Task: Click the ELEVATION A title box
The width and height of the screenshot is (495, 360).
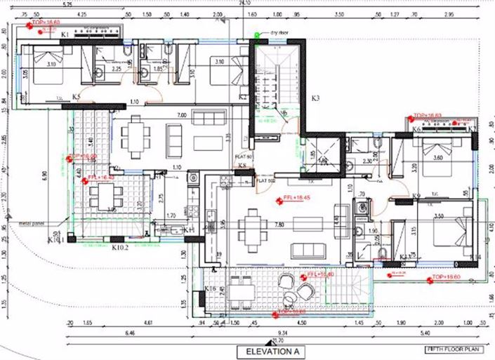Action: pos(273,351)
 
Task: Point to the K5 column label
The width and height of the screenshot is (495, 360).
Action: pos(76,96)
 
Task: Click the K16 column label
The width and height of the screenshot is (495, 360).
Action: pos(209,288)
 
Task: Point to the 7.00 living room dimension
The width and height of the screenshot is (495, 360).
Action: pos(181,114)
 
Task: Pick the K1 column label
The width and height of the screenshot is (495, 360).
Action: pos(65,34)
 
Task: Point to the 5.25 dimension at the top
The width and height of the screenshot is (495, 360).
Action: pos(67,5)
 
